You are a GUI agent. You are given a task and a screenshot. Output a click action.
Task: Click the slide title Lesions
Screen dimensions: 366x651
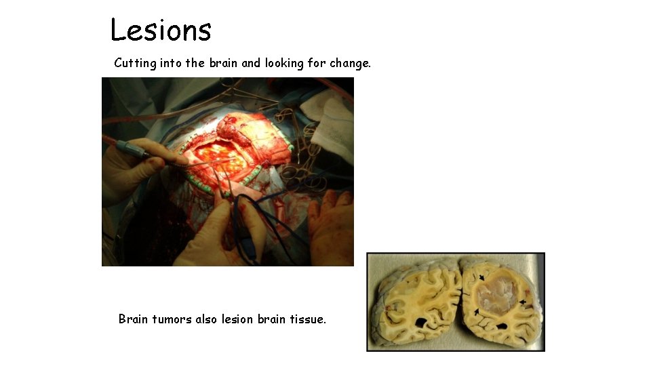point(161,30)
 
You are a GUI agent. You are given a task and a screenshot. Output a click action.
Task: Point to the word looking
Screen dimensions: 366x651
point(287,63)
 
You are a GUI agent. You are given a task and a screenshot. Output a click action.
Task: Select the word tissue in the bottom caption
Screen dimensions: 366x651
point(307,319)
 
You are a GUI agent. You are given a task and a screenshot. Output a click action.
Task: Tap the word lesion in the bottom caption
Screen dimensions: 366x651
point(237,319)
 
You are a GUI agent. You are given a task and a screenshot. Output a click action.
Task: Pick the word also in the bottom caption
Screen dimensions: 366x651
point(206,319)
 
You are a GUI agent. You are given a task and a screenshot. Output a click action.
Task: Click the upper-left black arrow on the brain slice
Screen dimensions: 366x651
point(481,278)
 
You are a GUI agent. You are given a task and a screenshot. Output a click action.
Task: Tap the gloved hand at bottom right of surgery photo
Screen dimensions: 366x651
point(332,227)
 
